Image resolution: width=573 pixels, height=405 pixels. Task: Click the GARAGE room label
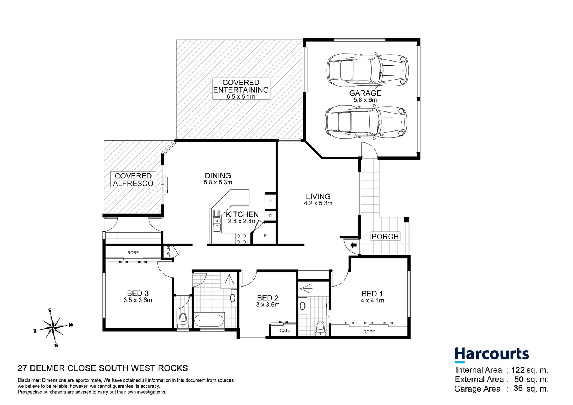click(x=365, y=93)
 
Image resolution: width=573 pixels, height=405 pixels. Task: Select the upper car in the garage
click(x=366, y=70)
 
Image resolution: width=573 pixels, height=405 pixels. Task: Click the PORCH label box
click(x=385, y=236)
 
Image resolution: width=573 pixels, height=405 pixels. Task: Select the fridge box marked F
click(x=270, y=202)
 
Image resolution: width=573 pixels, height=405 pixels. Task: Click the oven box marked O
click(x=270, y=216)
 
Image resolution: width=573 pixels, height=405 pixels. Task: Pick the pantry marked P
click(x=265, y=235)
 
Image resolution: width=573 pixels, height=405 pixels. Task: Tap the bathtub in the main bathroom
click(x=209, y=321)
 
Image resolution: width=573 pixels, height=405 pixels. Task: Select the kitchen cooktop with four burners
click(x=241, y=238)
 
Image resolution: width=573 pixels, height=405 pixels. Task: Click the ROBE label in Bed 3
click(x=133, y=252)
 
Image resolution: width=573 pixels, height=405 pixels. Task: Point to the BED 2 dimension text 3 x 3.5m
click(x=267, y=305)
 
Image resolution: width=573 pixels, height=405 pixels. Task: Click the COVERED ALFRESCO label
click(x=133, y=180)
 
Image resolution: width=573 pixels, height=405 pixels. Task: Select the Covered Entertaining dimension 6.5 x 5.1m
click(x=241, y=96)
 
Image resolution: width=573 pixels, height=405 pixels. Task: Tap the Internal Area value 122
click(x=517, y=370)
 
